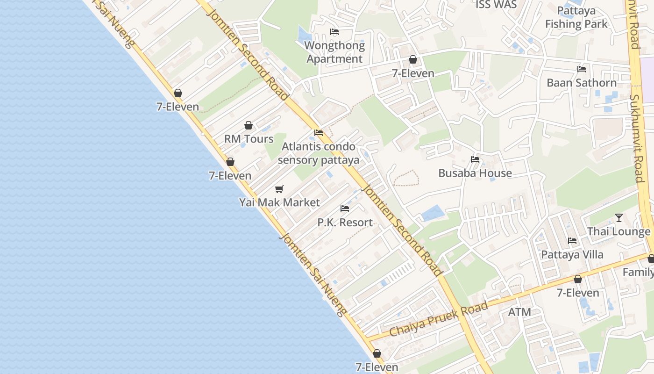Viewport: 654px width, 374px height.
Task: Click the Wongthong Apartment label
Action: [x=334, y=52]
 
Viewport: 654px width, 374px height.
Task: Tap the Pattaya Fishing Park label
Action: [x=576, y=18]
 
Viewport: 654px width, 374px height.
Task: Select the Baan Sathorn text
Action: [x=582, y=83]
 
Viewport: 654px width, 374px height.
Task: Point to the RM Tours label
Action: [x=249, y=139]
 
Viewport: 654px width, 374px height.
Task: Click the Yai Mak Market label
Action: [x=279, y=202]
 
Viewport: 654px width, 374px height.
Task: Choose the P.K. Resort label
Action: [x=345, y=223]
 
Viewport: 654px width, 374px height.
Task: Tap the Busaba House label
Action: [x=475, y=173]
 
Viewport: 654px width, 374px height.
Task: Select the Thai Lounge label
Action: [x=618, y=231]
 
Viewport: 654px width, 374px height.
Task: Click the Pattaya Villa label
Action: [x=572, y=255]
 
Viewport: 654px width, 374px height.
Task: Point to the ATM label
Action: [x=519, y=312]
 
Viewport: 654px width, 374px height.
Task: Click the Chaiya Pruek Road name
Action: [x=439, y=319]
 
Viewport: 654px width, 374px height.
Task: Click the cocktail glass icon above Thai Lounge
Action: [x=619, y=217]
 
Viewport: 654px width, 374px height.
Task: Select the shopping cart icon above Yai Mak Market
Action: [x=279, y=189]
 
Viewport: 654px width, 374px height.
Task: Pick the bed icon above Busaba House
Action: [x=475, y=159]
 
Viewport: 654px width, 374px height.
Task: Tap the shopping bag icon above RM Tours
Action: [x=249, y=125]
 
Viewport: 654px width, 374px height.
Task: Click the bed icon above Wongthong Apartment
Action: [x=334, y=32]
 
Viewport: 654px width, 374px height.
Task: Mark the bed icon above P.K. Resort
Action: [x=345, y=209]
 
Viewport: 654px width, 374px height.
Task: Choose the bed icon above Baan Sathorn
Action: [x=582, y=69]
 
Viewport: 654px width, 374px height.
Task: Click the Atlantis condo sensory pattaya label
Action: [x=319, y=153]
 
